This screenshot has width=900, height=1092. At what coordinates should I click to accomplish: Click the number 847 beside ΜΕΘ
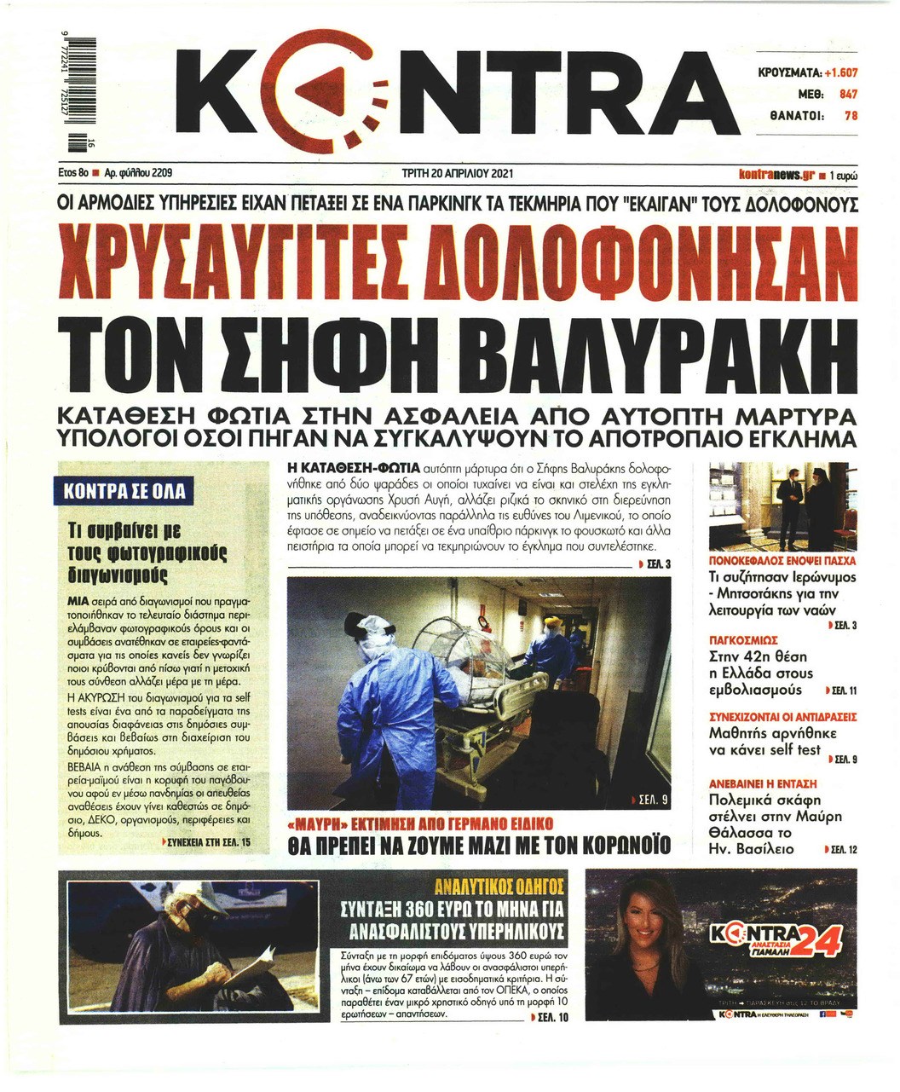pos(847,95)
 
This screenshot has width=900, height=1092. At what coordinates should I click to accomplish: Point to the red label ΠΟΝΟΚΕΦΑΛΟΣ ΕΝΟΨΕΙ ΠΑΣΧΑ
pos(782,563)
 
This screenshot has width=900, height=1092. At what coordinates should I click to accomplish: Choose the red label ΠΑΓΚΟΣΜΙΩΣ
pos(744,638)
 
